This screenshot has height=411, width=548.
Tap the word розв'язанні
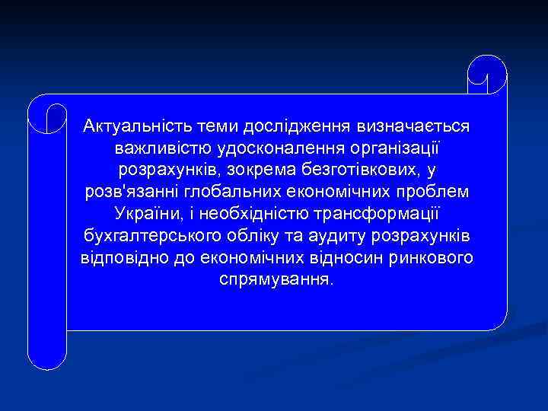[126, 190]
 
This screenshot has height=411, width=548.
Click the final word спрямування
[276, 279]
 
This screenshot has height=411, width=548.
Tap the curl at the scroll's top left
[46, 115]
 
